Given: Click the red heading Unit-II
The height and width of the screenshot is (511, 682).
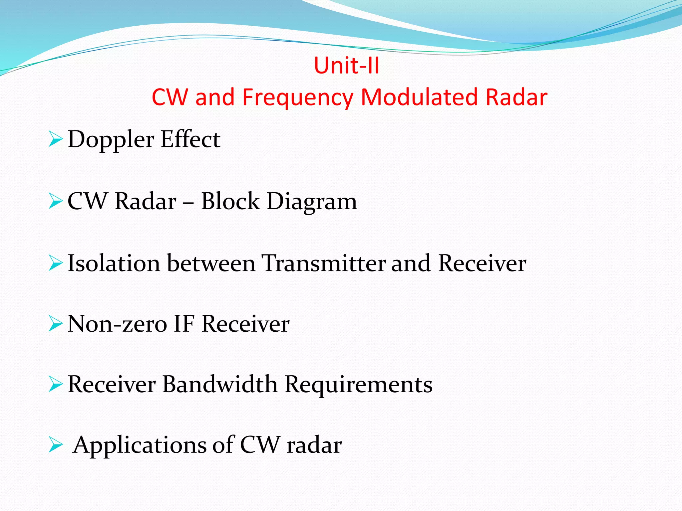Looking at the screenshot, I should [346, 66].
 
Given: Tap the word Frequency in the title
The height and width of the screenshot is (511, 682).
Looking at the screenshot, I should [297, 97].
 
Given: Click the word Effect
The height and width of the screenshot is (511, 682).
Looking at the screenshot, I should [190, 139].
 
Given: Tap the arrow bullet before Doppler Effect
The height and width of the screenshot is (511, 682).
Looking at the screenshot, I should [55, 139].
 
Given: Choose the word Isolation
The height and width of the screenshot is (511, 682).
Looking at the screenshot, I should [114, 263].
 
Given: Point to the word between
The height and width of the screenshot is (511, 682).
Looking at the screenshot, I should [211, 263].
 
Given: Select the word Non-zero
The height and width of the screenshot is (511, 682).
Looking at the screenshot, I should [117, 324].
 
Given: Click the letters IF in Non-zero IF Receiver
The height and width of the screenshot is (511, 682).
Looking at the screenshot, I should [183, 324].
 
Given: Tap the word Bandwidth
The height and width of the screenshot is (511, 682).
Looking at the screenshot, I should [220, 384].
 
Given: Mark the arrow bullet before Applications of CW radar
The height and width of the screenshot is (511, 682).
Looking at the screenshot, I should [55, 445].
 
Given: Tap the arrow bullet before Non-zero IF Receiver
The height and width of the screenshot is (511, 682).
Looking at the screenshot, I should [55, 324].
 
